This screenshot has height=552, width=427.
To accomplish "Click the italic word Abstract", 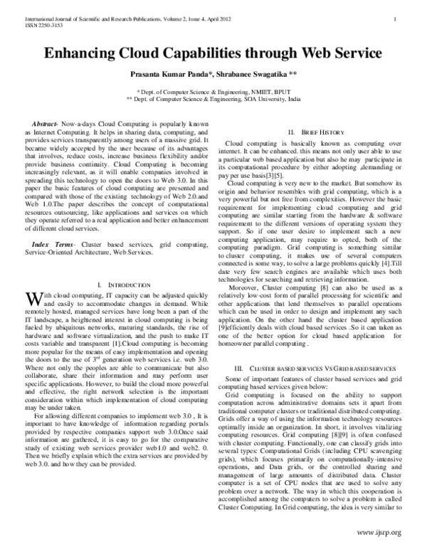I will tap(47, 124).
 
